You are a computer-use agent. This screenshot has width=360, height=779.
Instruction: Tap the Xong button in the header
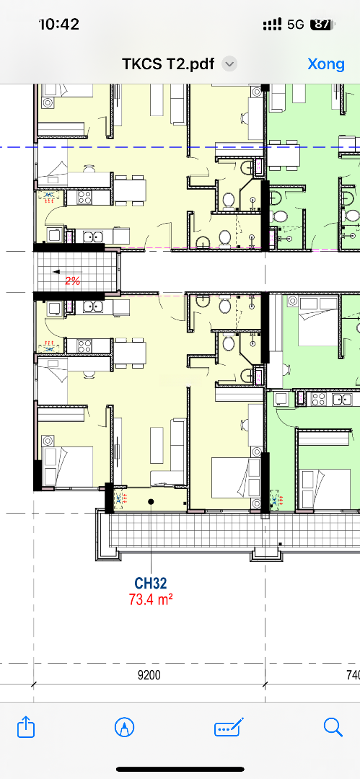[x=325, y=64]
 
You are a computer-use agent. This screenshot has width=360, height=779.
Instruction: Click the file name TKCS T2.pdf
[x=169, y=64]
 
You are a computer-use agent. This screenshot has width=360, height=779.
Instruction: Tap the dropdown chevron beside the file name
[x=229, y=64]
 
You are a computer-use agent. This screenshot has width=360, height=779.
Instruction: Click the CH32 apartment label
[x=151, y=583]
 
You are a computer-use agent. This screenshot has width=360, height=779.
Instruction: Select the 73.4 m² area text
[x=151, y=599]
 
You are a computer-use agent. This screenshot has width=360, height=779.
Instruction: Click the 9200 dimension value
[x=149, y=675]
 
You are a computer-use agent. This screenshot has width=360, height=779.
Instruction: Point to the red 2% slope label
[x=73, y=281]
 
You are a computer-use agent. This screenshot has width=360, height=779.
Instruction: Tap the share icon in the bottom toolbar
[x=26, y=727]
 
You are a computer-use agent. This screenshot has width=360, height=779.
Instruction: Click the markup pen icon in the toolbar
[x=124, y=728]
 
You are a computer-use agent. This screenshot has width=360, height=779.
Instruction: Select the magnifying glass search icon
[x=333, y=727]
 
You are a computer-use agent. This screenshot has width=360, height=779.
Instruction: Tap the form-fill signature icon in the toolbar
[x=229, y=727]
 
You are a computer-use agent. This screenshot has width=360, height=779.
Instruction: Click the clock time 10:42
[x=59, y=24]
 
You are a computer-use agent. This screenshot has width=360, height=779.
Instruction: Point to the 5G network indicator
[x=295, y=25]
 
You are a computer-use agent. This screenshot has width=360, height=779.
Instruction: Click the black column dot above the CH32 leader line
[x=152, y=502]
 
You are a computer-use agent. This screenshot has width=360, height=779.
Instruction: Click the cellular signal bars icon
[x=273, y=25]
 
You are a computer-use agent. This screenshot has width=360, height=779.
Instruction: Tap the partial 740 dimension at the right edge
[x=352, y=675]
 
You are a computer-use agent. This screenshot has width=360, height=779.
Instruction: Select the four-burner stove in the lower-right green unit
[x=319, y=398]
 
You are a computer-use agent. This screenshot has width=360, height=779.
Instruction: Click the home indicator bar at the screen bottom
[x=180, y=770]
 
